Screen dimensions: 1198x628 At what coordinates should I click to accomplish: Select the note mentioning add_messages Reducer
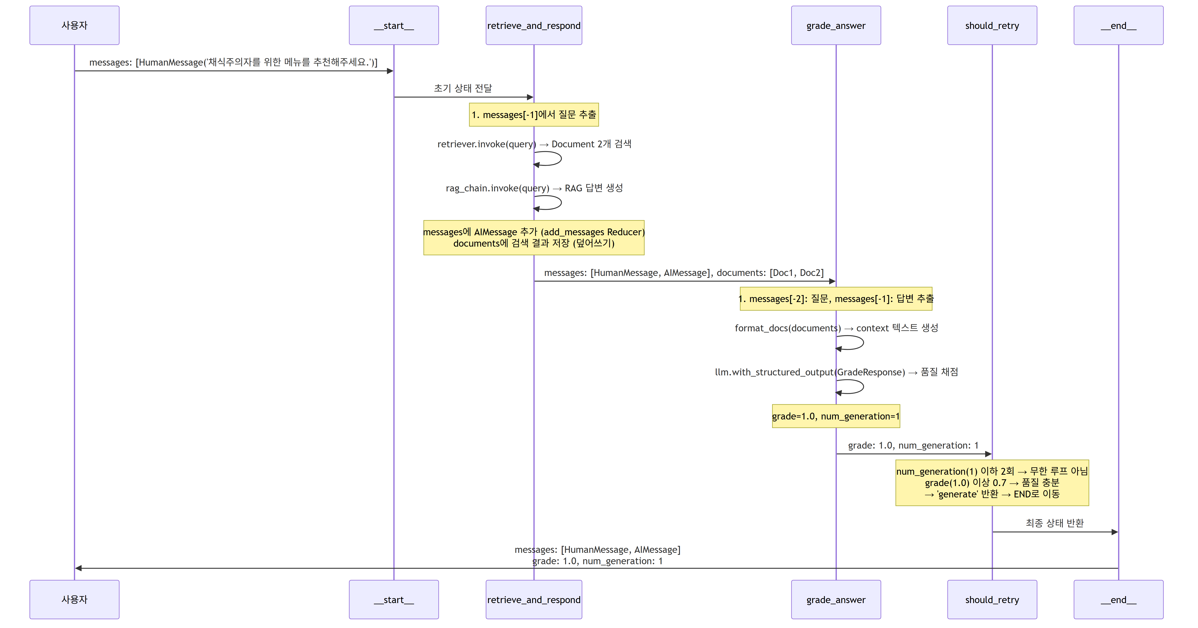click(534, 237)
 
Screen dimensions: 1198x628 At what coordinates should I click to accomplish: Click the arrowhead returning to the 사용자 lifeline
click(78, 568)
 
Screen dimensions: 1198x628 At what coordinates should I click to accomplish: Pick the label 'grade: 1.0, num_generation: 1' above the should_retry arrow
click(913, 445)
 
